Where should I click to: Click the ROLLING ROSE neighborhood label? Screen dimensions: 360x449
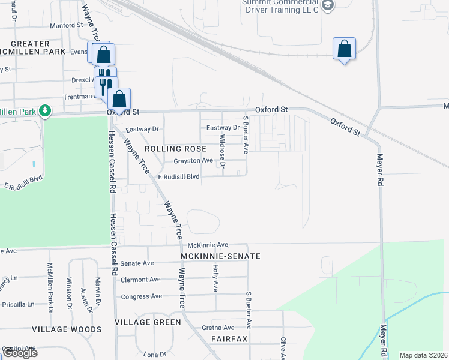[x=174, y=148]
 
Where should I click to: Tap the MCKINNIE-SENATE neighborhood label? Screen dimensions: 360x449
[x=220, y=256]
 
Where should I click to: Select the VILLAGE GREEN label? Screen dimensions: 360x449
[x=148, y=322]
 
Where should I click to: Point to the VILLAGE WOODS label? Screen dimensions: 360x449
[x=67, y=329]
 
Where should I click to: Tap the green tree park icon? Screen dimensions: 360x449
[x=44, y=111]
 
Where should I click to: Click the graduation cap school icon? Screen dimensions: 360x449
[x=327, y=5]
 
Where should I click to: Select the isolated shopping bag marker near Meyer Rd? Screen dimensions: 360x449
[x=344, y=49]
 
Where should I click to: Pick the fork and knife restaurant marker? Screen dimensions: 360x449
[x=104, y=84]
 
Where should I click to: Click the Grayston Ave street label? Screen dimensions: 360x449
[x=193, y=161]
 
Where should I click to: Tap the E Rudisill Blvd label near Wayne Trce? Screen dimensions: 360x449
[x=178, y=177]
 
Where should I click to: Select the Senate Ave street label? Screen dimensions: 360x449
[x=137, y=263]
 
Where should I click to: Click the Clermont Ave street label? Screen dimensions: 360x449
[x=140, y=280]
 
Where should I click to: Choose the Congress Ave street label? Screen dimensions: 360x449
[x=142, y=296]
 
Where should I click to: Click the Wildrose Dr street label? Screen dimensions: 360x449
[x=222, y=146]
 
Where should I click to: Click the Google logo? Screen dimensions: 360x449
[x=19, y=353]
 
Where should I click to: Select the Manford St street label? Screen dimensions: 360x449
[x=66, y=25]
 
